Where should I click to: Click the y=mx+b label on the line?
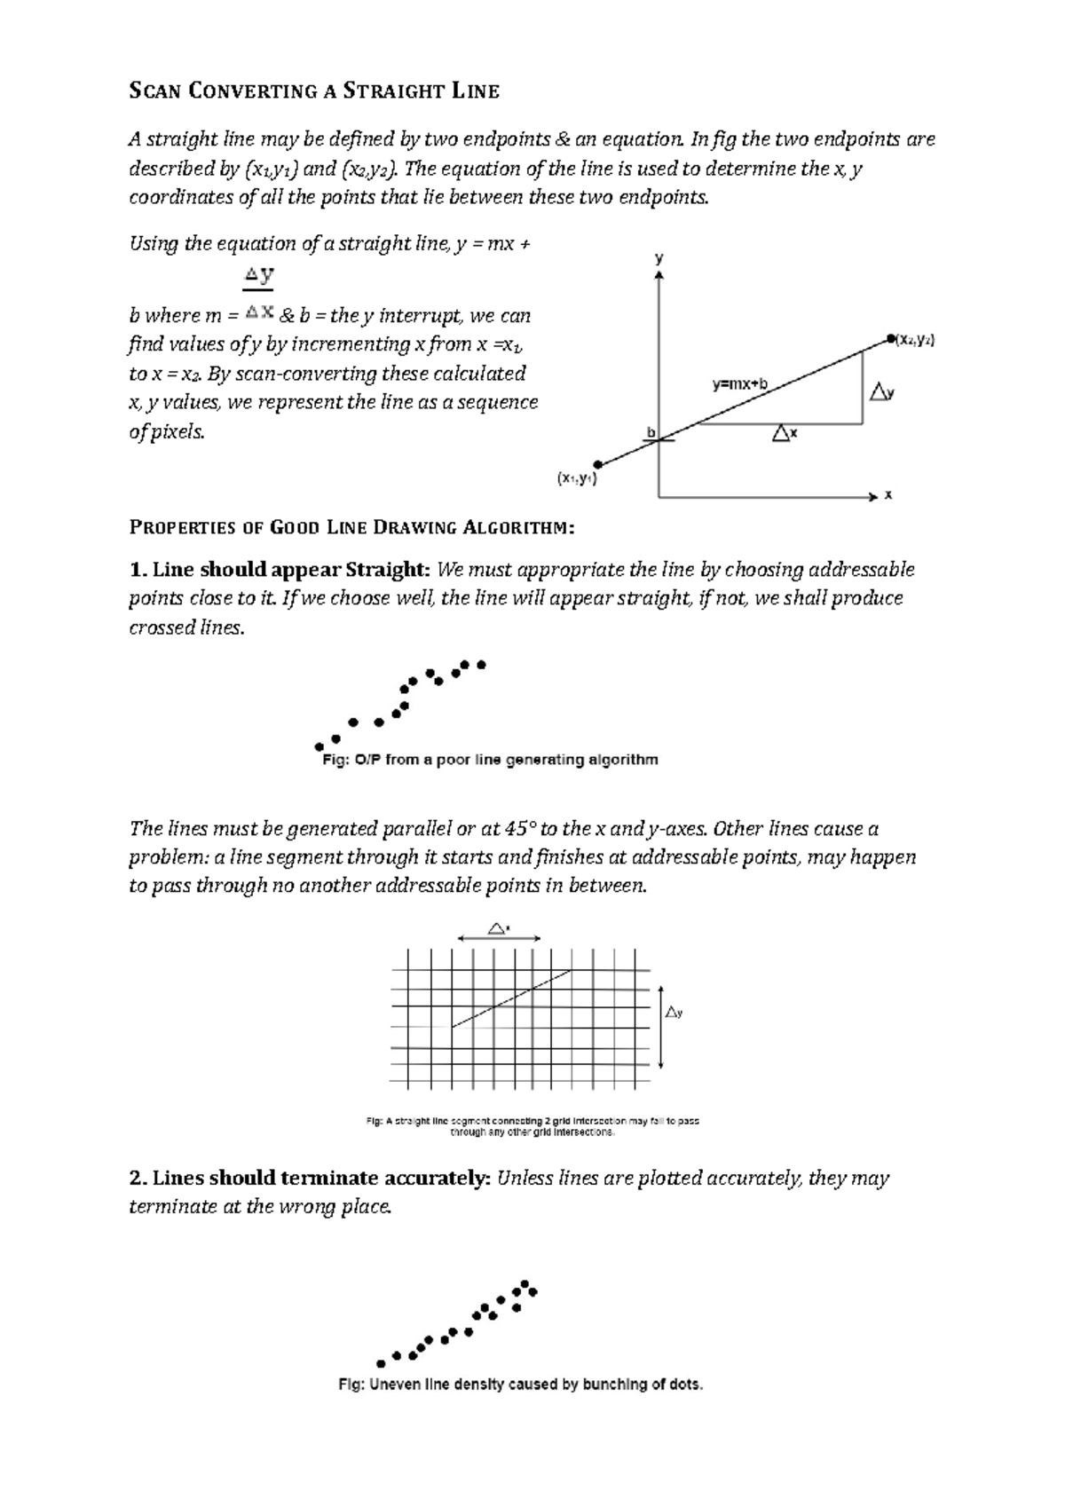(739, 384)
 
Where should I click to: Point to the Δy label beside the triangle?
(881, 391)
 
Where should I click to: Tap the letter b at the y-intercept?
(651, 432)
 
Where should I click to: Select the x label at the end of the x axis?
(888, 495)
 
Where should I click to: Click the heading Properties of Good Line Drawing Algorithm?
(352, 528)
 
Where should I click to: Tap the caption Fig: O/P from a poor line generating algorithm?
(489, 760)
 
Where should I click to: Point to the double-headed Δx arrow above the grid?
(499, 937)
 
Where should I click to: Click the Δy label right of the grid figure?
(674, 1012)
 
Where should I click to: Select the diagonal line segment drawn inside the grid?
(511, 998)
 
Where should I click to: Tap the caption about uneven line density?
(520, 1385)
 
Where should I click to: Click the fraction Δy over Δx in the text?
(259, 294)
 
